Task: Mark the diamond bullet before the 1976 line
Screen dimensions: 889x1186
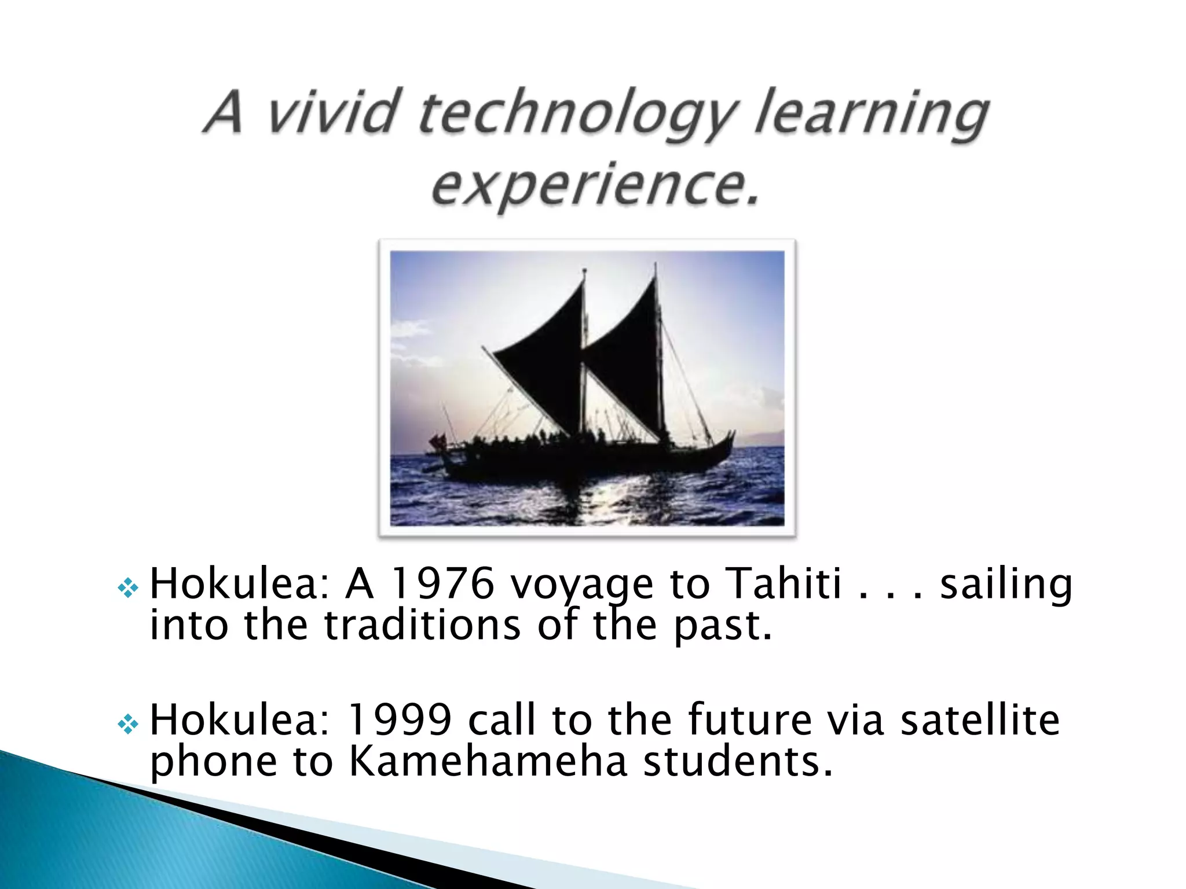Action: click(127, 589)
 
